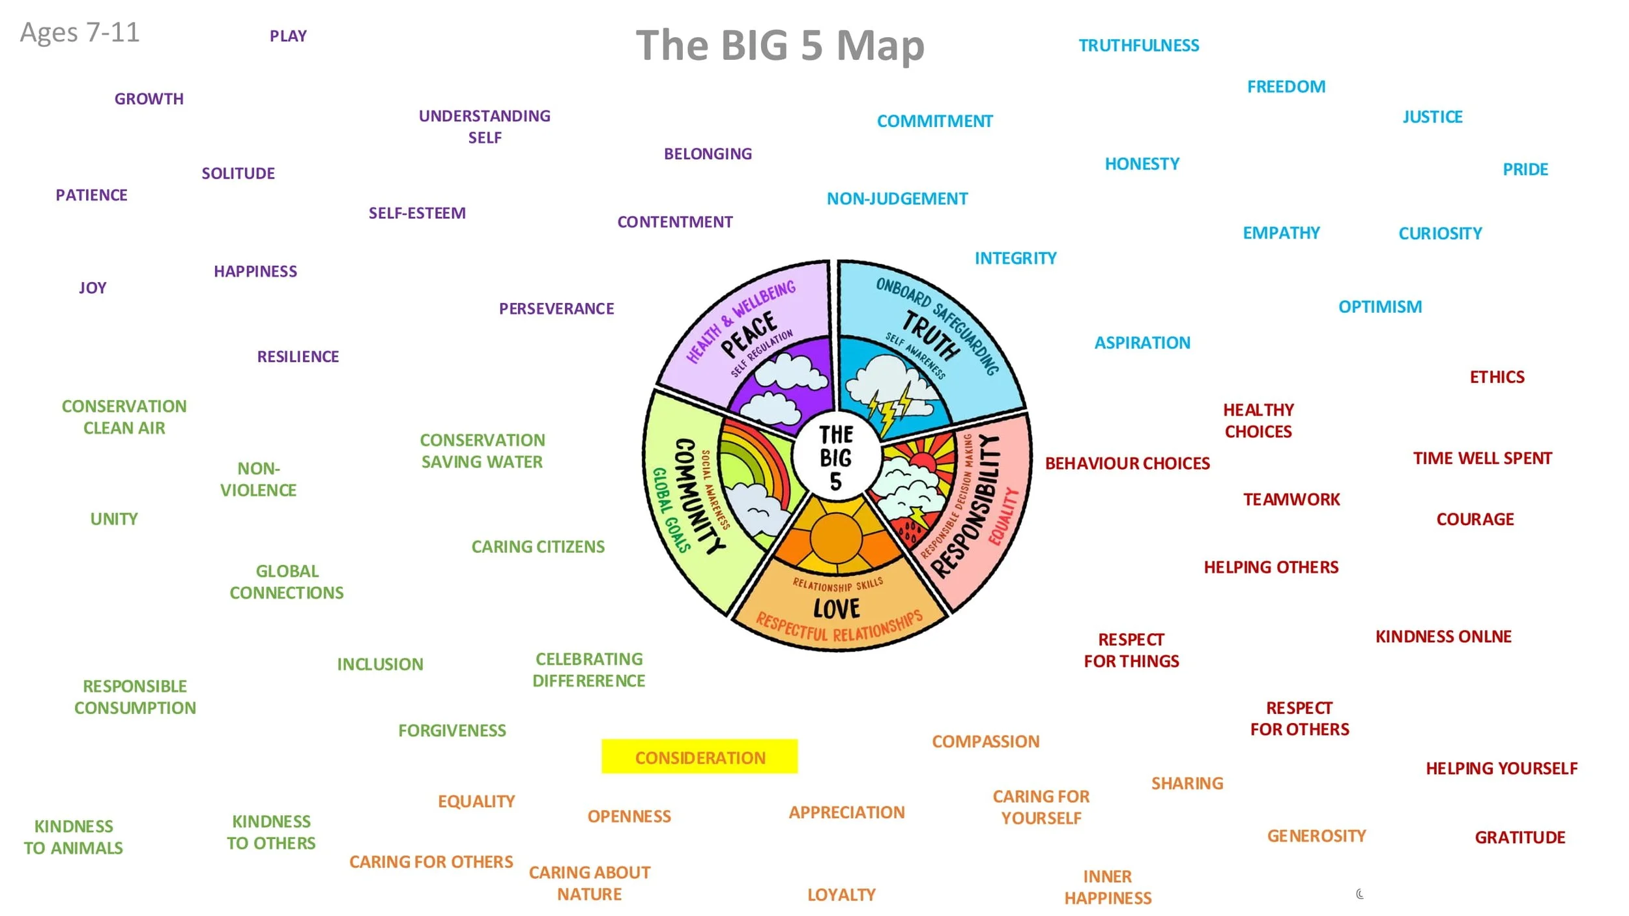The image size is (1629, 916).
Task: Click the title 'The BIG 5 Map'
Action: coord(780,46)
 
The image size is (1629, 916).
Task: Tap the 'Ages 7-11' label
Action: coord(79,33)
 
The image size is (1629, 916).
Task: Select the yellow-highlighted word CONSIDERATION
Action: coord(700,758)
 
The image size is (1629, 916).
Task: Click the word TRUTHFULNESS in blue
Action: coord(1138,46)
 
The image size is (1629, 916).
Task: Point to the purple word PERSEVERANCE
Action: coord(556,309)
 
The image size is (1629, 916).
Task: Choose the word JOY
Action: coord(93,288)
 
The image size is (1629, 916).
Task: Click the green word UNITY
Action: coord(114,519)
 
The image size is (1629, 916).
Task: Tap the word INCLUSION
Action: coord(380,665)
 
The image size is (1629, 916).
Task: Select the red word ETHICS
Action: coord(1497,377)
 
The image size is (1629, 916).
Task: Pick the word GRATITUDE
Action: coord(1520,837)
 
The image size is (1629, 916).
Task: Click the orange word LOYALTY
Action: coord(841,895)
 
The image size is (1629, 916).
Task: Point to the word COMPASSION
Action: coord(985,741)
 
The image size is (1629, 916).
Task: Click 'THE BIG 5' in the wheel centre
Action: coord(836,458)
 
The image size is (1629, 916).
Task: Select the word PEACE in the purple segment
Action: coord(749,334)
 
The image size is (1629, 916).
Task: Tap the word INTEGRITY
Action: coord(1015,259)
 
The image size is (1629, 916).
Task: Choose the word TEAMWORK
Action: coord(1291,500)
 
